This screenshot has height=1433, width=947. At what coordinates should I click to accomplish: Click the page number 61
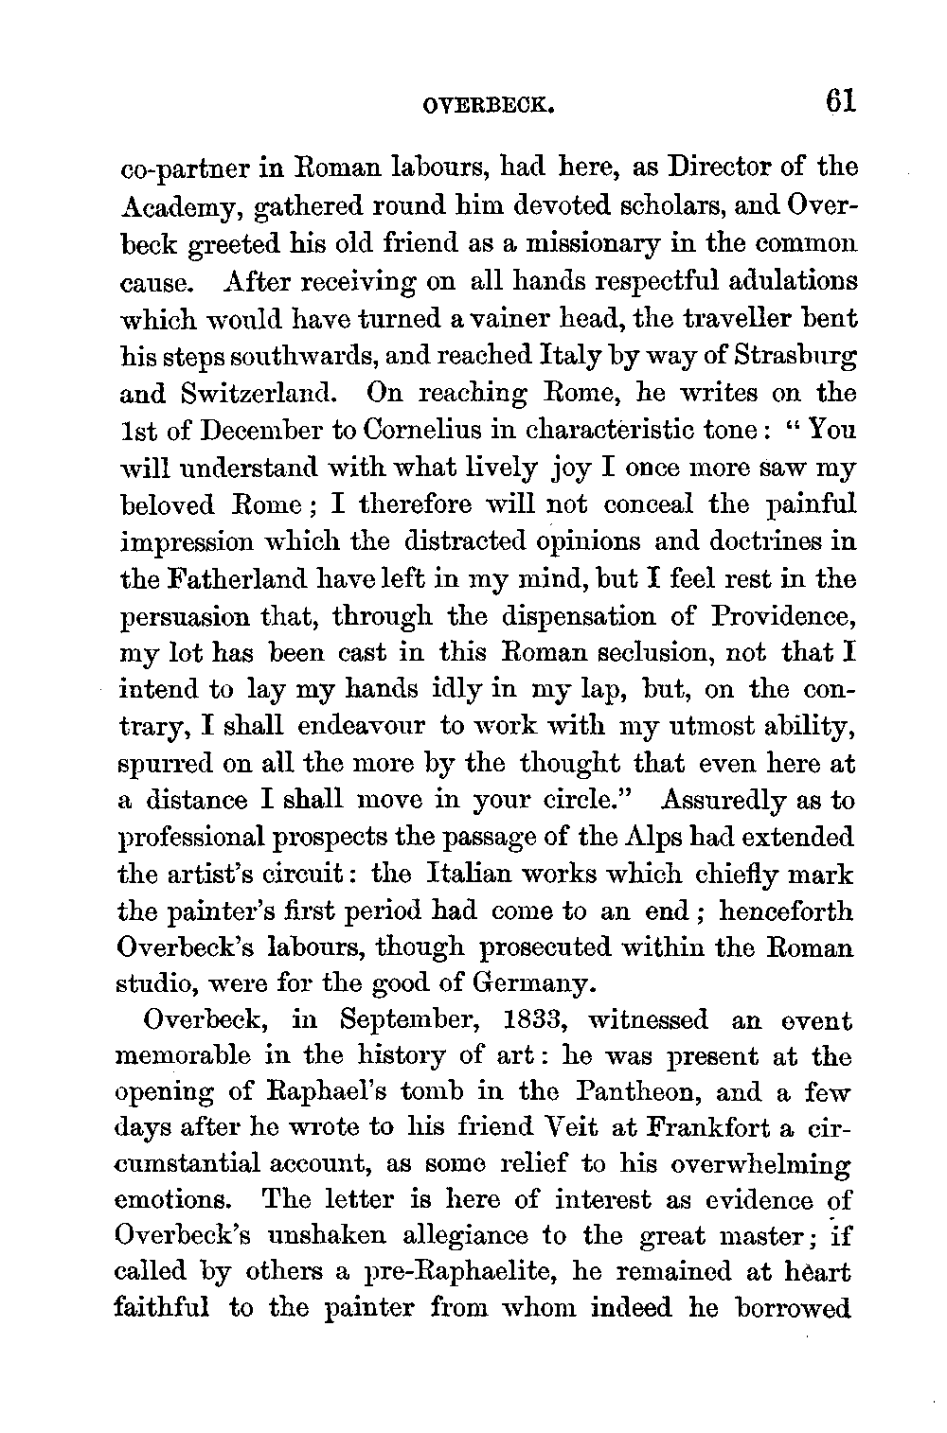pos(839,99)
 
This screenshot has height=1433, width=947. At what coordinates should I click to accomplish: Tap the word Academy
pos(176,207)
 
